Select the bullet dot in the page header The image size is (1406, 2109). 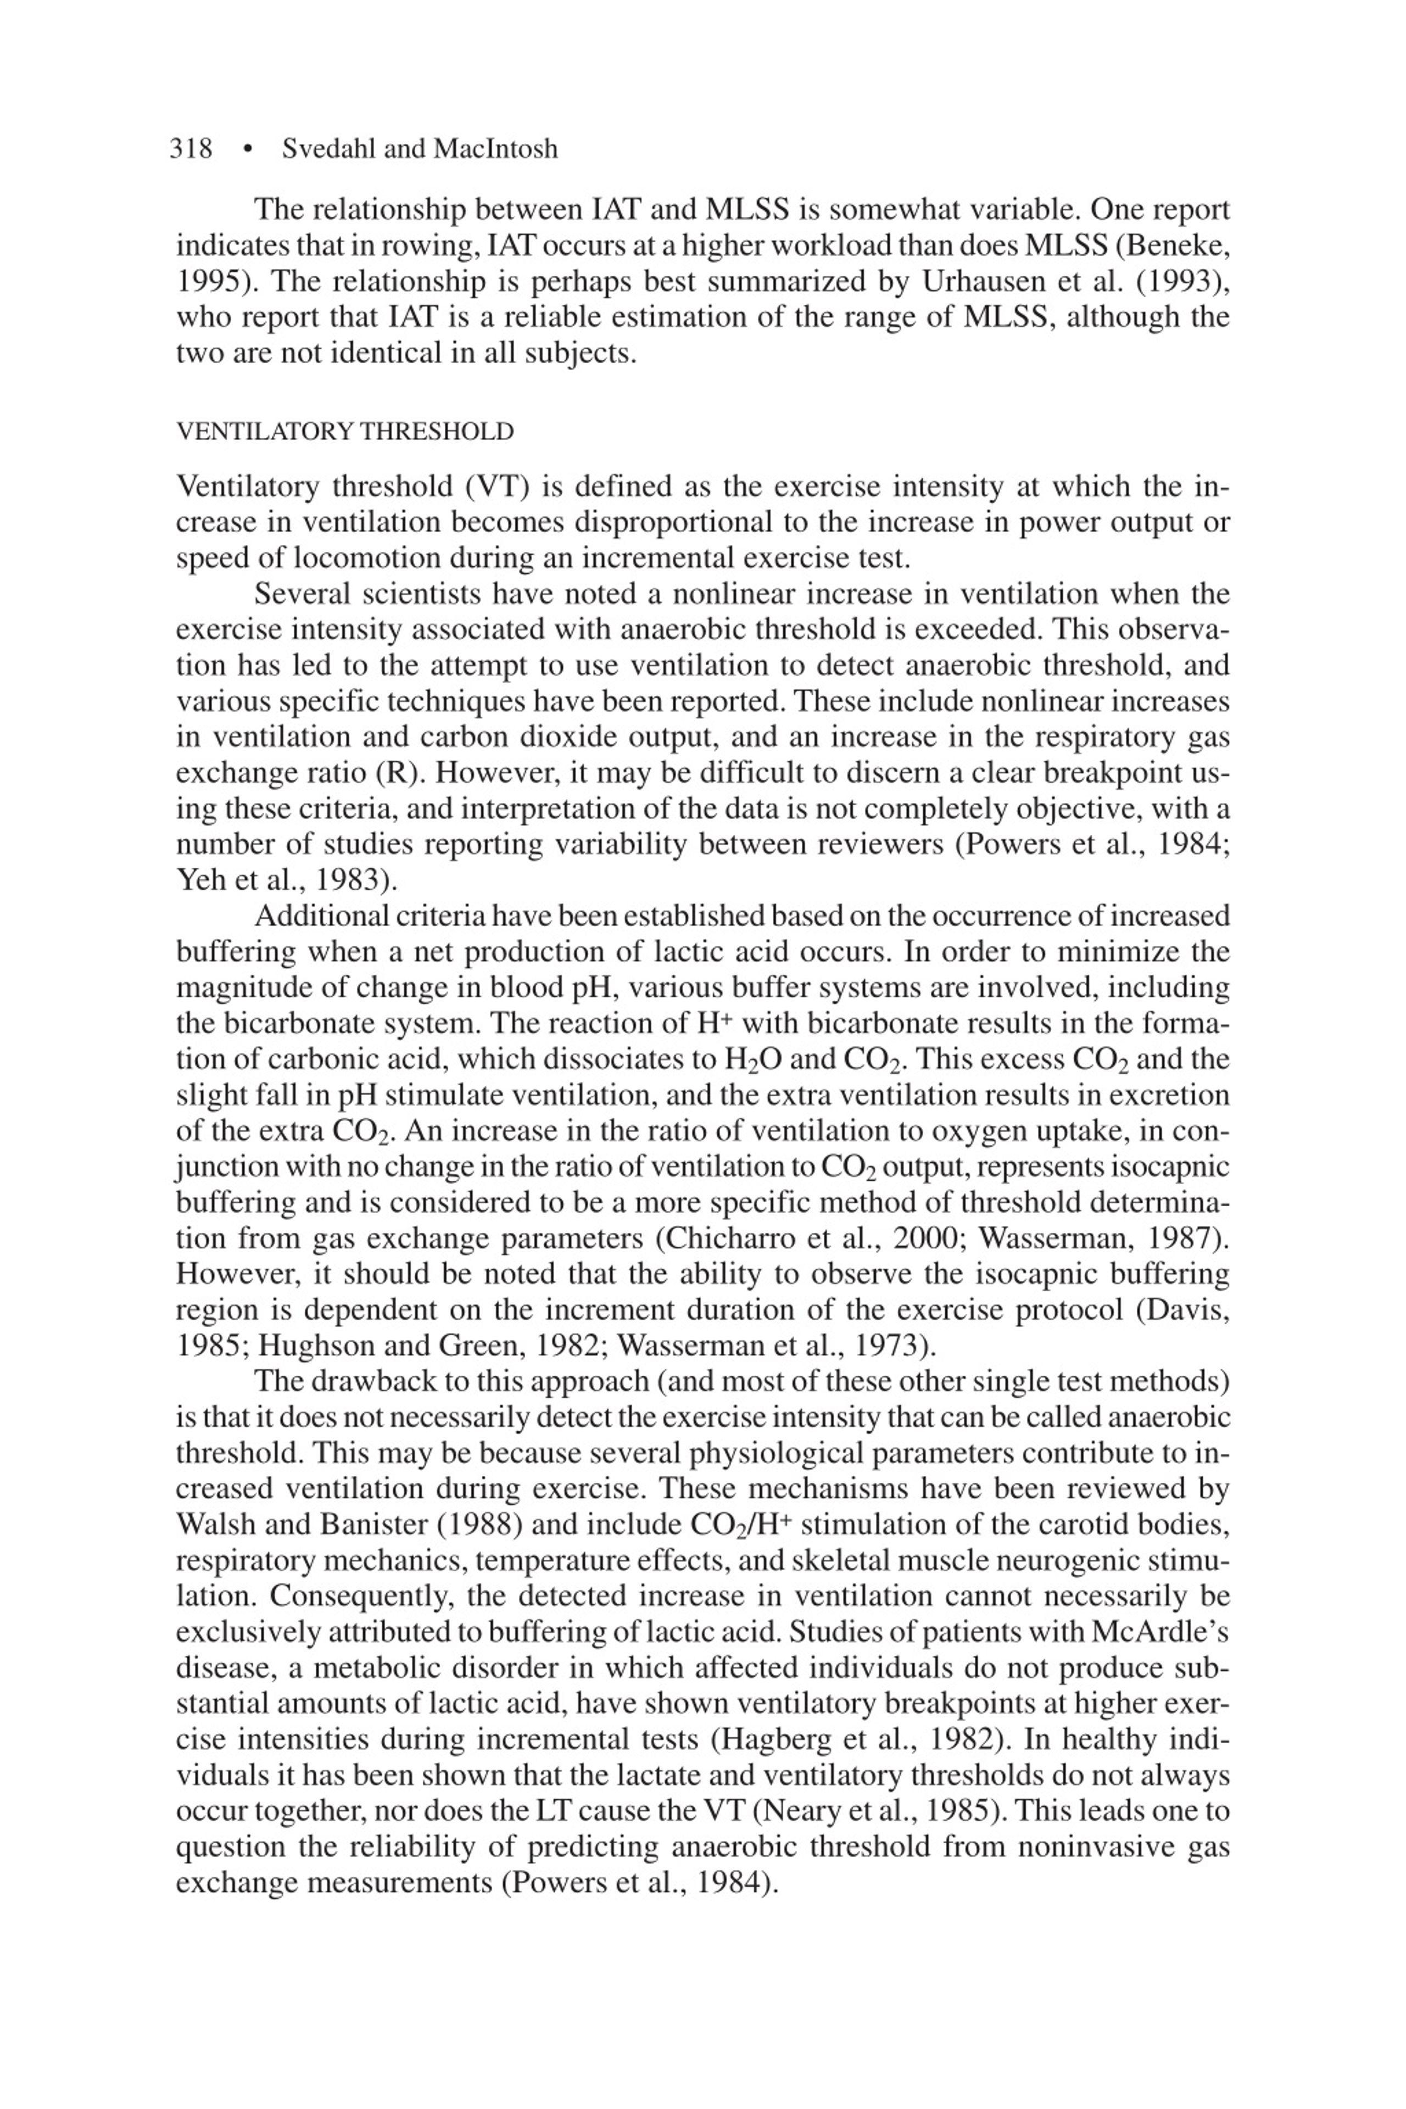(x=248, y=149)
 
